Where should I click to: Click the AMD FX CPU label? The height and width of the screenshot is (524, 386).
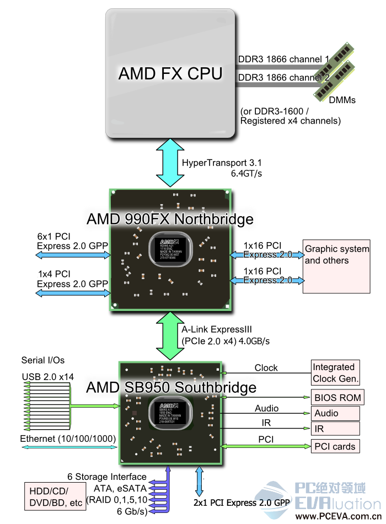click(170, 74)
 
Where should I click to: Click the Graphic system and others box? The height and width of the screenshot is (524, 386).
click(336, 266)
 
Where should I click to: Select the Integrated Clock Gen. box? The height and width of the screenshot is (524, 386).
click(335, 373)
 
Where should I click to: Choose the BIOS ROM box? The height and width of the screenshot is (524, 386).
click(337, 397)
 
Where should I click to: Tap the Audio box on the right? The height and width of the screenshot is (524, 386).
click(335, 413)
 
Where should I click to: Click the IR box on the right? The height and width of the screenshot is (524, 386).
click(335, 429)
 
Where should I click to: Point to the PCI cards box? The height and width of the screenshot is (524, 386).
click(335, 446)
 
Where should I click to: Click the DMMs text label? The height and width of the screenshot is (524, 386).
click(342, 100)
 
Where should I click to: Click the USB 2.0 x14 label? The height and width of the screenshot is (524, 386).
click(47, 377)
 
